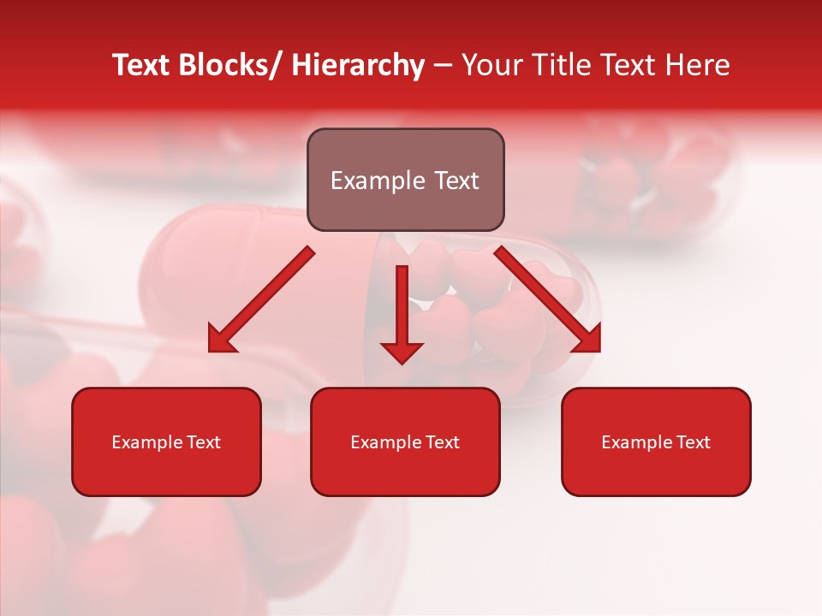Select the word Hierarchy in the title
[358, 65]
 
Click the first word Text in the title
[142, 65]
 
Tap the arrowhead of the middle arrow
[402, 352]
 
